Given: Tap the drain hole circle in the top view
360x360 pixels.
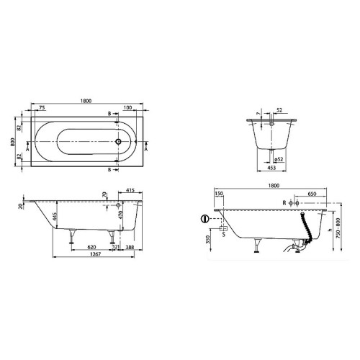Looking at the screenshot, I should coord(118,143).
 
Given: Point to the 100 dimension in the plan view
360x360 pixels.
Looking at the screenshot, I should coord(127,108).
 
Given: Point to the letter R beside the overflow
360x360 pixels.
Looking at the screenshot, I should coord(284,204).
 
